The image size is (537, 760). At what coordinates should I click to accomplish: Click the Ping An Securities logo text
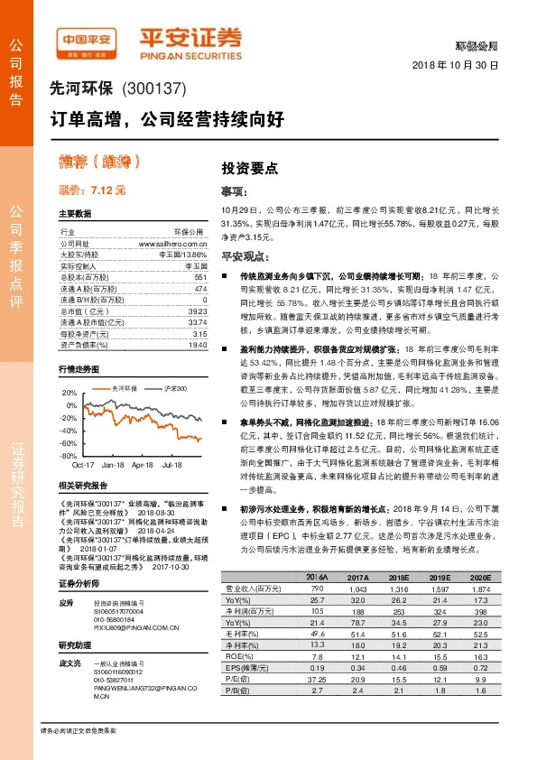pos(190,37)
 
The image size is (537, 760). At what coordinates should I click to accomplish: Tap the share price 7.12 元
pos(91,190)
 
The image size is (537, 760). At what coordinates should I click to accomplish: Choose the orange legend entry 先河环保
pos(98,386)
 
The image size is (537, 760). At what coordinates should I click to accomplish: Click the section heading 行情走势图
pos(77,370)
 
